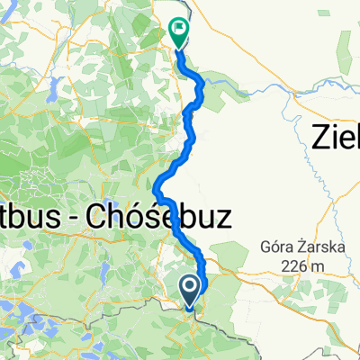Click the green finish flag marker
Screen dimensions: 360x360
point(178,33)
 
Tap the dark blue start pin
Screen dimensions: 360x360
point(192,289)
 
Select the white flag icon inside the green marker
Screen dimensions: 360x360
point(178,30)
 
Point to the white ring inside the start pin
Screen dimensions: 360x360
point(192,286)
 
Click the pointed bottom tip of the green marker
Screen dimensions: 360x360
point(178,47)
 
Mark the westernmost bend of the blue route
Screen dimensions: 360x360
point(157,192)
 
